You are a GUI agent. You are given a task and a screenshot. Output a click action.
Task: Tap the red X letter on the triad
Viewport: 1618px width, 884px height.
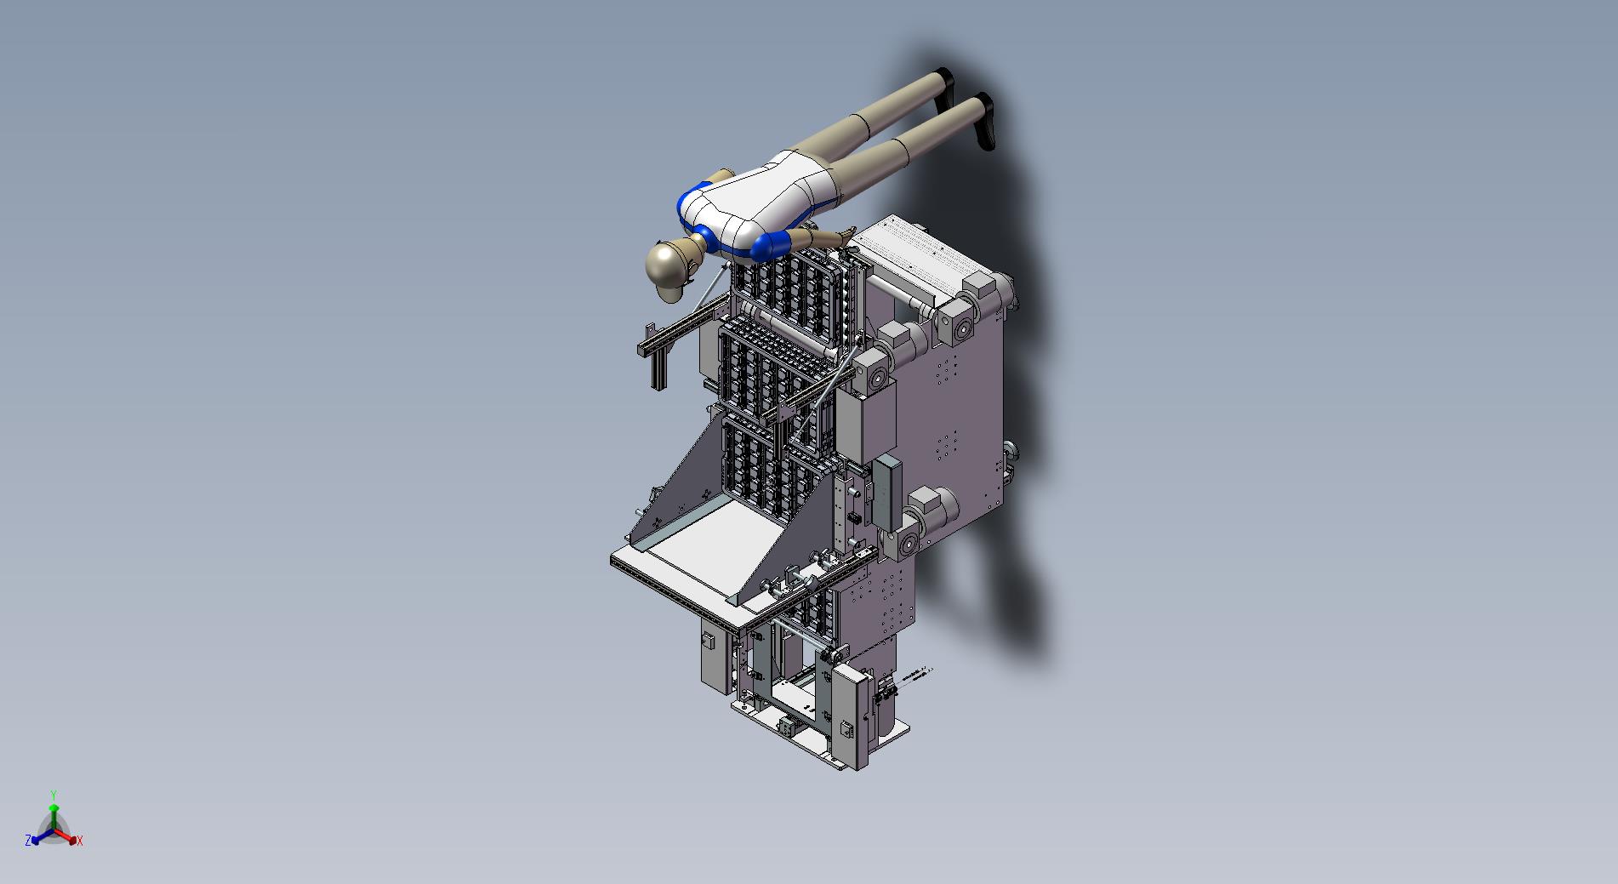tap(79, 841)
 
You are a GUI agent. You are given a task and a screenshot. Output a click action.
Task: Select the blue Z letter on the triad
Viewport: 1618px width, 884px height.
tap(28, 840)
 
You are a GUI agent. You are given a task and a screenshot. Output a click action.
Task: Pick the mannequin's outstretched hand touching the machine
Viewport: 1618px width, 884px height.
tap(847, 232)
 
